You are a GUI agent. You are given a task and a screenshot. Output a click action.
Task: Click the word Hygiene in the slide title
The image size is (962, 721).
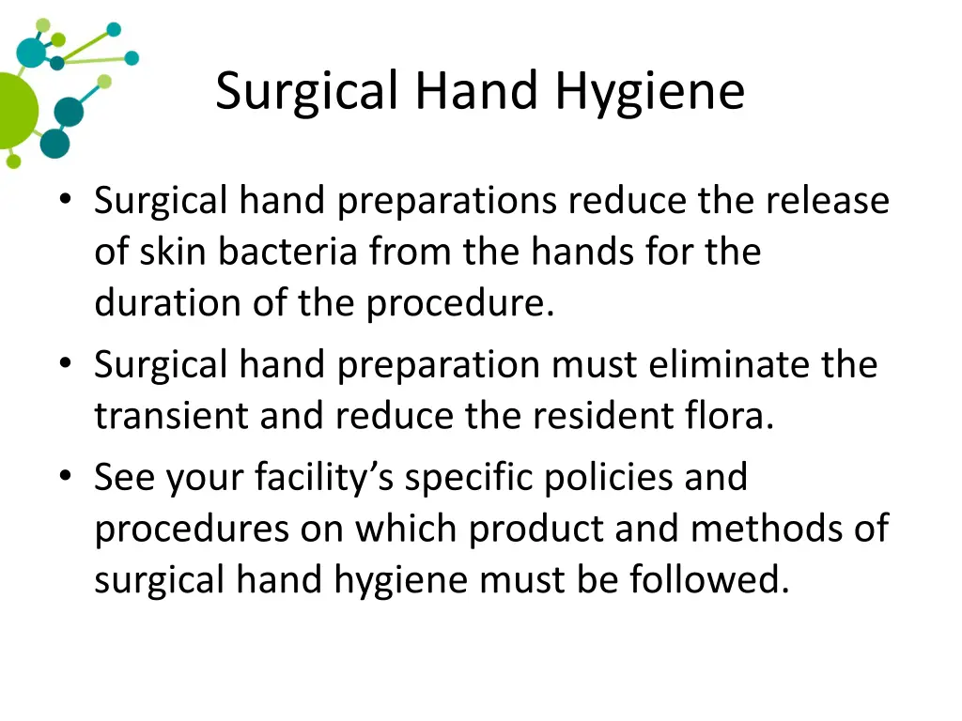[649, 93]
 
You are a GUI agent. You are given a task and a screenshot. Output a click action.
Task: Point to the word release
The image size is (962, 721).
[827, 201]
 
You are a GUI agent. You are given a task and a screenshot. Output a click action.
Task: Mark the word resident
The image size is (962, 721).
[581, 416]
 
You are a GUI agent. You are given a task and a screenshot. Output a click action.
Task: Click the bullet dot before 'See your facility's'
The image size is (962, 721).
[64, 477]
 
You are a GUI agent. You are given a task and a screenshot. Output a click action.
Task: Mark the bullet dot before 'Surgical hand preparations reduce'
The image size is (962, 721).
[64, 200]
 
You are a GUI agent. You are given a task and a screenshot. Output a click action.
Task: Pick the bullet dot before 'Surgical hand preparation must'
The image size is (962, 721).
[64, 363]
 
